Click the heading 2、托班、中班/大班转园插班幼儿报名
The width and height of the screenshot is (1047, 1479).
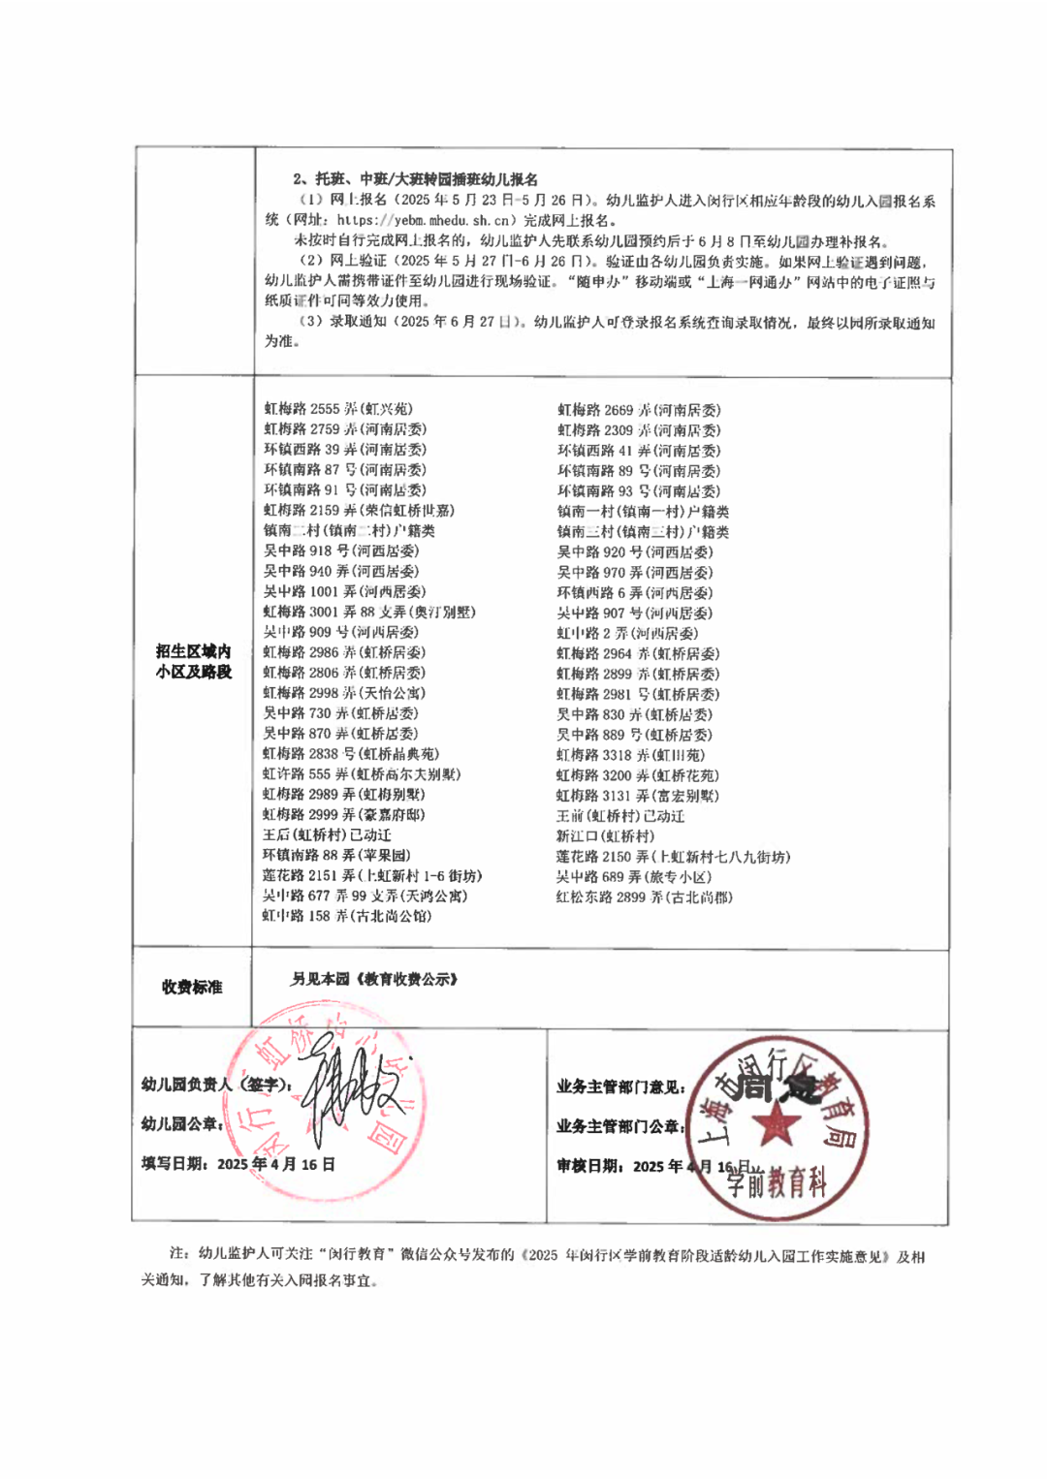pos(415,179)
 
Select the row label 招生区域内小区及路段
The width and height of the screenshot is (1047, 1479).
pos(194,661)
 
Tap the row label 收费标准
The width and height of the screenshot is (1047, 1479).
pos(192,987)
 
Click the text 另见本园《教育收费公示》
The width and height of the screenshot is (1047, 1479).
pos(374,979)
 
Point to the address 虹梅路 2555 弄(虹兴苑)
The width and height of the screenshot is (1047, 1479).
pos(338,409)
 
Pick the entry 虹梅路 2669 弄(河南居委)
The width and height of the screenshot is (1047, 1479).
pos(638,410)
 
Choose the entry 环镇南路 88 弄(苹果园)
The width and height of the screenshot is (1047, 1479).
pos(336,855)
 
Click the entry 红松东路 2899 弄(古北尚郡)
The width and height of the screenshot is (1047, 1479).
pos(644,897)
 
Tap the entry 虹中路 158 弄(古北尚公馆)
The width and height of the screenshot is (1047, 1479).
pos(346,916)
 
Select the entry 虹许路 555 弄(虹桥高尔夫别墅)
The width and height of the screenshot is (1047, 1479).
pos(361,774)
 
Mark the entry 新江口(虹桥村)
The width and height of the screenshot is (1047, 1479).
pos(605,836)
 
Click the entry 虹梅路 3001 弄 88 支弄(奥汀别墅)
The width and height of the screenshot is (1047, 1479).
pos(368,612)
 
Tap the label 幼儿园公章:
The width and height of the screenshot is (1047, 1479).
pos(182,1124)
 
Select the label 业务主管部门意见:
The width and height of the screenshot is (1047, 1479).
pos(620,1087)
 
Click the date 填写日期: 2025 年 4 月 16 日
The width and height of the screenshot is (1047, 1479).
pos(238,1164)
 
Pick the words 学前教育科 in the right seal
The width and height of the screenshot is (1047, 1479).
pos(777,1182)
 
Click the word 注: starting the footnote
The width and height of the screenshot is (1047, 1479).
pos(178,1254)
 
